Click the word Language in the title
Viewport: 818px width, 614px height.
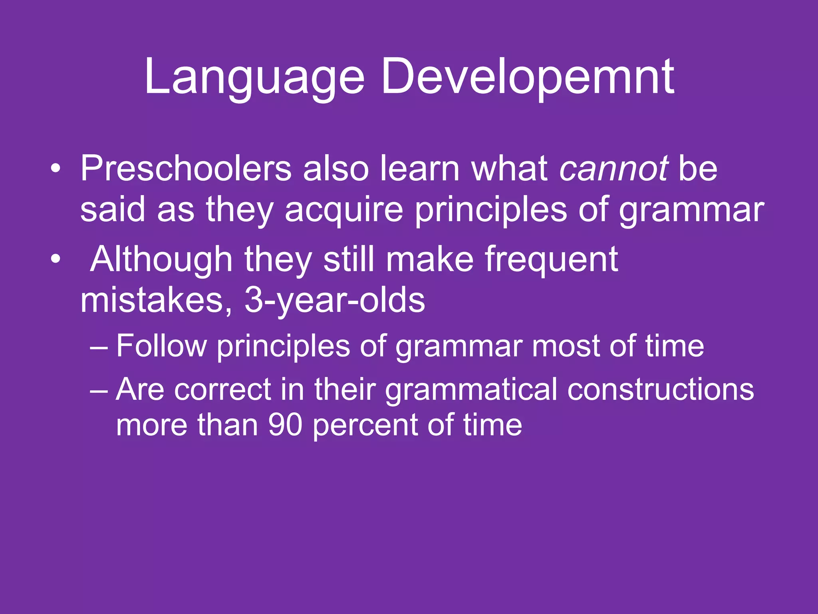pyautogui.click(x=254, y=77)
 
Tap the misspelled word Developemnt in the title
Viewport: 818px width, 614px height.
pyautogui.click(x=527, y=77)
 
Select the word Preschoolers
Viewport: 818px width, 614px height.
pyautogui.click(x=186, y=169)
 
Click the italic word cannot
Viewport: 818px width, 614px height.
pyautogui.click(x=613, y=169)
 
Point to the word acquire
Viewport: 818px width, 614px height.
pyautogui.click(x=343, y=211)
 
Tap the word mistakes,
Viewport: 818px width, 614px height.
pyautogui.click(x=156, y=301)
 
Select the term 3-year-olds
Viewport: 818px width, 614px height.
pyautogui.click(x=335, y=301)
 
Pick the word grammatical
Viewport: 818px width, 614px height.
pyautogui.click(x=471, y=390)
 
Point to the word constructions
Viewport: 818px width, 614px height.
pyautogui.click(x=661, y=389)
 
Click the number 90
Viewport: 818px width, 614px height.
pyautogui.click(x=285, y=425)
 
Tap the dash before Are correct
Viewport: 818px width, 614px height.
pyautogui.click(x=99, y=390)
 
